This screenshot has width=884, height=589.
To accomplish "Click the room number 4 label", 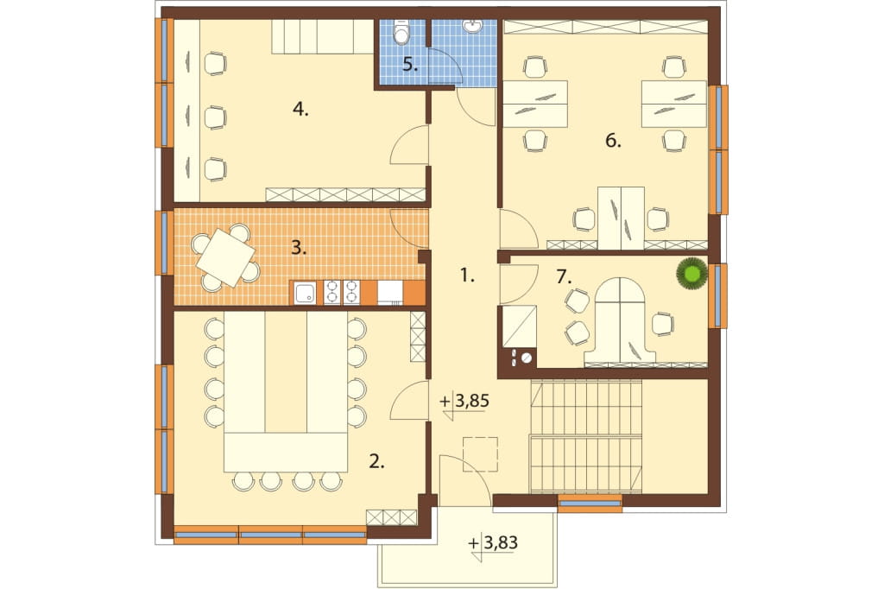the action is coord(300,110).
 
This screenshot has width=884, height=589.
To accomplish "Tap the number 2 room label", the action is coord(376,463).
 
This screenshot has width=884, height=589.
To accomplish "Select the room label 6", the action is coord(613,141).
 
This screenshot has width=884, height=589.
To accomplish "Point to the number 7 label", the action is coord(564,276).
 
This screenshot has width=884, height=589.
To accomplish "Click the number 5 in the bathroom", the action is coord(410,65).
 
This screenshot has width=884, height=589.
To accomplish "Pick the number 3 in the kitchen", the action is coord(299,248).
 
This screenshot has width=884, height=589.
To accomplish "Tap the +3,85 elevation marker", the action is coord(464,401).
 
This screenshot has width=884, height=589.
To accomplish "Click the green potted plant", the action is coord(691,273).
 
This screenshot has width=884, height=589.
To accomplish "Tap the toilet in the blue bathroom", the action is coord(401,33).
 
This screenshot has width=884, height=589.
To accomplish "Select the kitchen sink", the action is coord(305,293).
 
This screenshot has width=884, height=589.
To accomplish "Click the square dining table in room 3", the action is coord(225,259).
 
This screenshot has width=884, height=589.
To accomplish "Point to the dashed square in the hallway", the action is coord(480,454).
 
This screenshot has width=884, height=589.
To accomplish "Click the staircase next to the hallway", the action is coord(586,435).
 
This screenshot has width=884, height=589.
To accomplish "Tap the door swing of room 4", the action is coord(410,146).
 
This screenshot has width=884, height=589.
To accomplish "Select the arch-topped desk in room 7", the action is coord(620,320).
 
